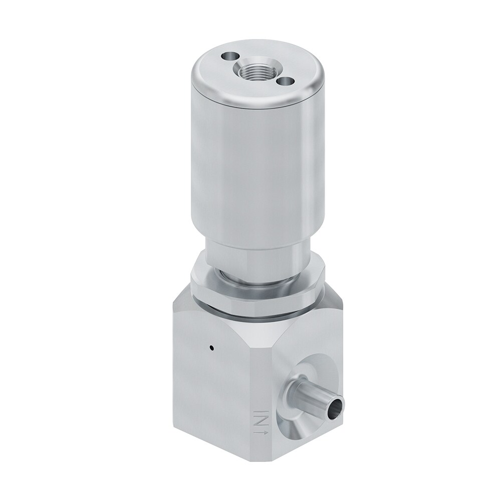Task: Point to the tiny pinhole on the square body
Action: pyautogui.click(x=211, y=347)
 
